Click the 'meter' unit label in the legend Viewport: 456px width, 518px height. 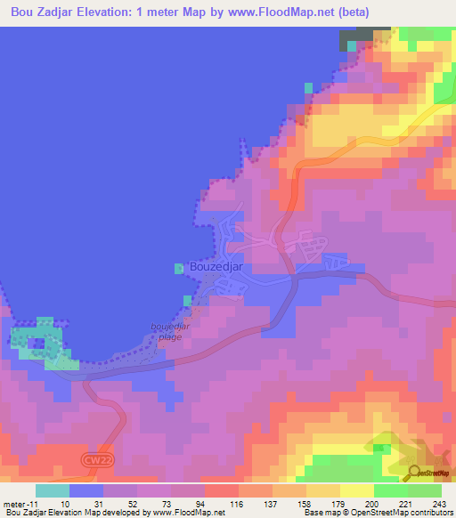15,505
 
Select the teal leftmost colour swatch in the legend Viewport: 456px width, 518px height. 53,490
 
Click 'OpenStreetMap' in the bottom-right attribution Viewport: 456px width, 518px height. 375,514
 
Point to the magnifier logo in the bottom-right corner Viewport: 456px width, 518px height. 413,473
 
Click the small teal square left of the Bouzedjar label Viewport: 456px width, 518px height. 178,266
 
